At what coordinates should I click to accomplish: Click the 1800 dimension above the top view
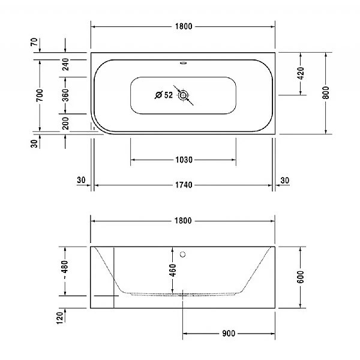pos(183,26)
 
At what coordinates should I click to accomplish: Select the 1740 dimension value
pos(183,185)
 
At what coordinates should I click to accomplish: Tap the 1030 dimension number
pos(183,160)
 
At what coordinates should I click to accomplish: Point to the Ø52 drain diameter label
pos(163,95)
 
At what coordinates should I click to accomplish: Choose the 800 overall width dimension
pos(326,94)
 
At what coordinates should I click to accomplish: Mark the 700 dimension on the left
pos(39,95)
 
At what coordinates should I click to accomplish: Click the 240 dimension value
pos(65,65)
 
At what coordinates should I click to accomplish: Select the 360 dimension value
pos(65,95)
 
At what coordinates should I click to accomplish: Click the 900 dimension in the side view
pos(228,333)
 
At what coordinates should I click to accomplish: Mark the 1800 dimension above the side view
pos(183,221)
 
